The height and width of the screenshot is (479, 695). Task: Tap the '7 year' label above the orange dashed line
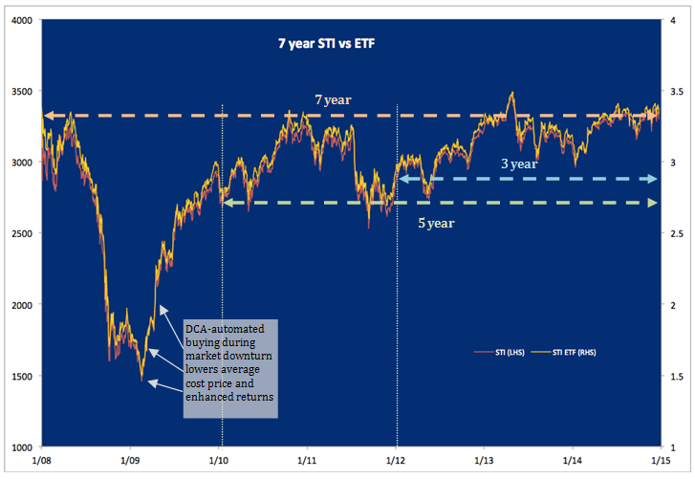331,99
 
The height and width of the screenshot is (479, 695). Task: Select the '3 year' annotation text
520,163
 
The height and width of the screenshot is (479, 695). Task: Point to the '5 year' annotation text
435,223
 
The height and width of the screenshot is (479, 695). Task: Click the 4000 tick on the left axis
19,20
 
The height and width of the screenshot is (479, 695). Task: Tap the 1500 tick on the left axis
19,377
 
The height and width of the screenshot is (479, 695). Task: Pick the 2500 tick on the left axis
19,234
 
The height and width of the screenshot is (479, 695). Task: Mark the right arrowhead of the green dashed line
654,203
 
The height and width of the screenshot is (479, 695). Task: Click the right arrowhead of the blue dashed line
654,179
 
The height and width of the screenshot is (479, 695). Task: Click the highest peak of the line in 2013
512,93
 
